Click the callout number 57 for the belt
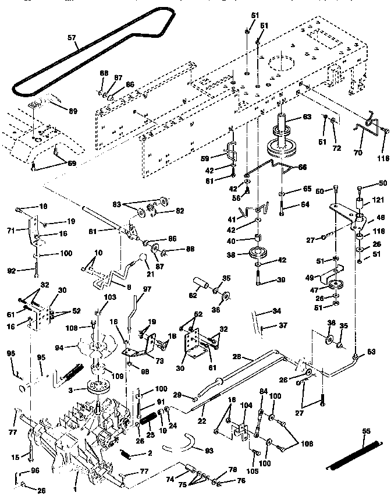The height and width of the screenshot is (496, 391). (x=72, y=38)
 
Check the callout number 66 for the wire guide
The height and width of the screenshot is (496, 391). (x=301, y=167)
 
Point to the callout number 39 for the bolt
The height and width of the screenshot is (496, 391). (x=281, y=280)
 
